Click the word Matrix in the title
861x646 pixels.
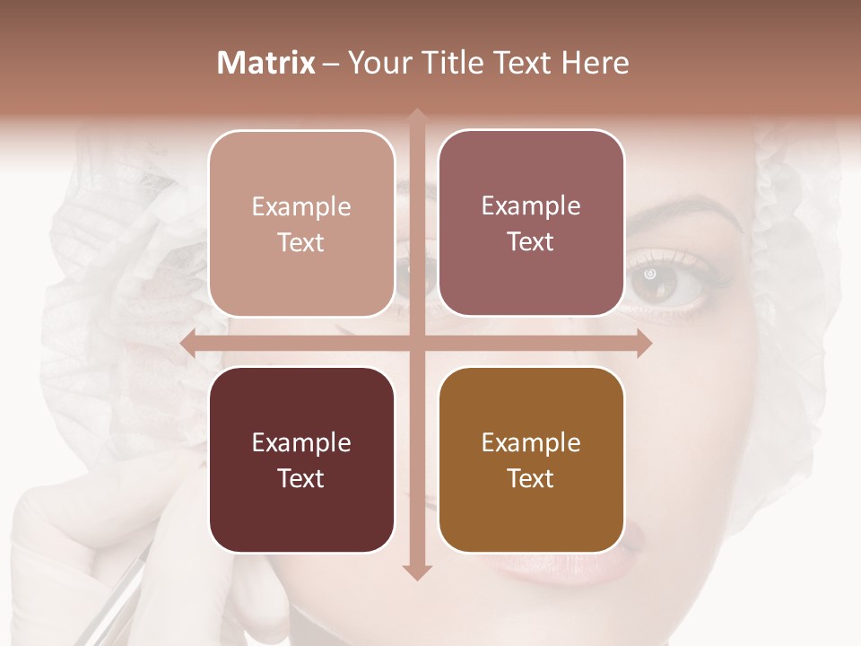[x=266, y=63]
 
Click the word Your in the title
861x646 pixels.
[x=375, y=63]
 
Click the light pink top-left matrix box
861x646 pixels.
[x=301, y=223]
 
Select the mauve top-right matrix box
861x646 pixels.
[x=531, y=223]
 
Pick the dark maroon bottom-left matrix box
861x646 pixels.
[x=301, y=459]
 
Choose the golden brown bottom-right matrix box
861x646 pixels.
[x=531, y=459]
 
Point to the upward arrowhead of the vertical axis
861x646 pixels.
[x=417, y=117]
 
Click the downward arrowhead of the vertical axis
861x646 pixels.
[x=417, y=572]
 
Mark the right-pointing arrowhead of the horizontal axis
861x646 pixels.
[x=643, y=343]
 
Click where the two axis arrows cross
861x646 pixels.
[x=417, y=343]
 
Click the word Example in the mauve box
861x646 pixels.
[x=531, y=206]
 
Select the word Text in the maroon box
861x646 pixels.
[x=300, y=478]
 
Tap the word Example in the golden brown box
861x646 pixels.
[x=531, y=442]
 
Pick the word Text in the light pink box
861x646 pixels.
[x=300, y=242]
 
